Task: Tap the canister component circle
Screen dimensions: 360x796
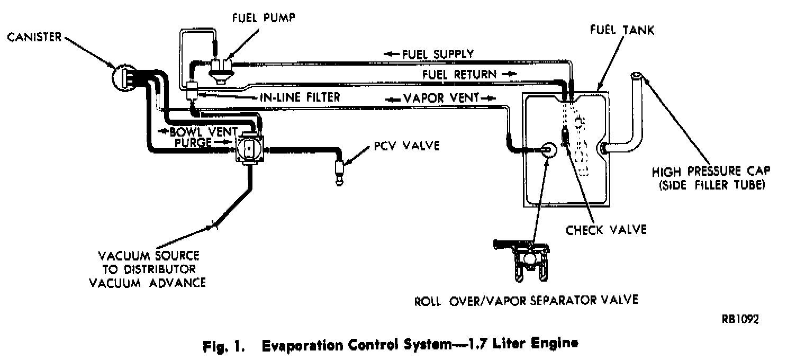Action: tap(125, 78)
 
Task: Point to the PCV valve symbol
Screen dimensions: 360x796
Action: tap(338, 170)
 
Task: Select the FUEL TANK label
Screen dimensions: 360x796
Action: tap(622, 29)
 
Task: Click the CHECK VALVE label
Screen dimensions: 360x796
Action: tap(606, 229)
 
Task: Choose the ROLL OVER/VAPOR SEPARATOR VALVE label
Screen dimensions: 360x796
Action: tap(526, 300)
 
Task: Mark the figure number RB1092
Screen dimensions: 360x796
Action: tap(739, 319)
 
